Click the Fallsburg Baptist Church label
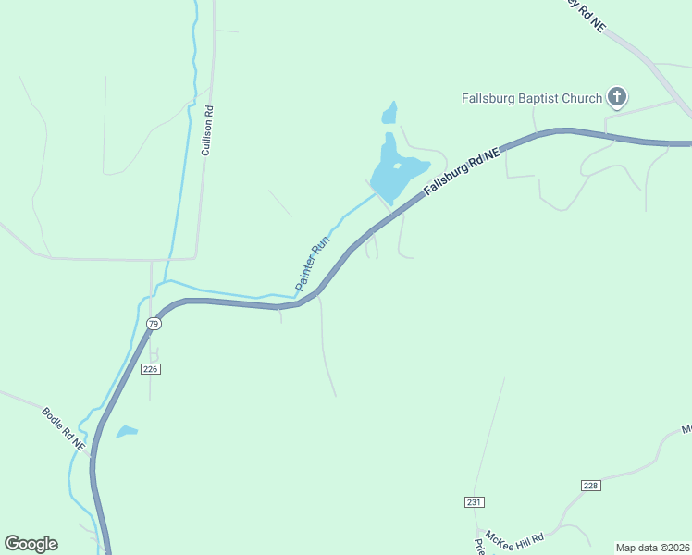(532, 97)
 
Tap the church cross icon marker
(617, 97)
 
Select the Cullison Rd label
(209, 130)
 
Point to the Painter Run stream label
(313, 265)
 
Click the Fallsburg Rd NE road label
(462, 171)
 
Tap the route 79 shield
(154, 323)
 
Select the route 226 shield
(152, 369)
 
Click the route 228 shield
(592, 486)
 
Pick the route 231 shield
(475, 501)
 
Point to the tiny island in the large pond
(397, 166)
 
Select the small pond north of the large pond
(389, 114)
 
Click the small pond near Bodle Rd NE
(127, 431)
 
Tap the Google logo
(31, 544)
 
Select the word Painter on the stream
(306, 275)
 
